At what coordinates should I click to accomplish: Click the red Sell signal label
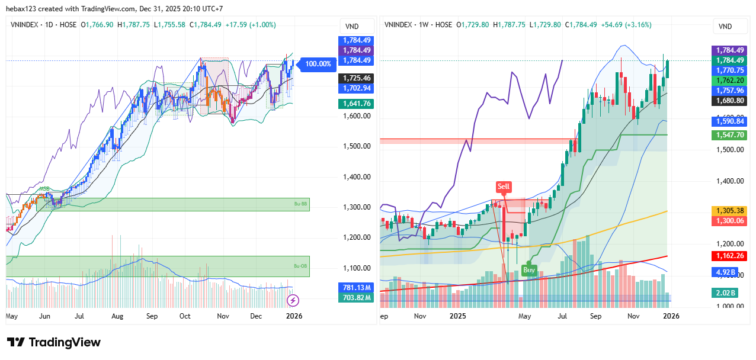tap(503, 187)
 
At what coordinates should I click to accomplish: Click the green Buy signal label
tap(529, 270)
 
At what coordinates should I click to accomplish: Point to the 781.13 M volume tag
tap(357, 288)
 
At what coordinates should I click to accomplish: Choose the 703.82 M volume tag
tap(357, 298)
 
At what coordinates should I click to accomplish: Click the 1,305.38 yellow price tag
tap(729, 211)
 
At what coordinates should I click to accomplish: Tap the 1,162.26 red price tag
tap(729, 256)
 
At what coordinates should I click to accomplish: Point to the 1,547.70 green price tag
tap(729, 135)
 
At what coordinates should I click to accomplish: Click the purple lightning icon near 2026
tap(293, 300)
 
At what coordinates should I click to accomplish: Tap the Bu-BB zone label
tap(302, 204)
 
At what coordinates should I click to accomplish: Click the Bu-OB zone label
tap(302, 266)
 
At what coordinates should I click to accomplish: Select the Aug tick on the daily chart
tap(117, 316)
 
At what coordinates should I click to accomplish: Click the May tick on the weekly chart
tap(524, 316)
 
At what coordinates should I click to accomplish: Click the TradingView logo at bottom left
tap(53, 342)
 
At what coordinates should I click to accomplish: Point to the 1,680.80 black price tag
tap(729, 101)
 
